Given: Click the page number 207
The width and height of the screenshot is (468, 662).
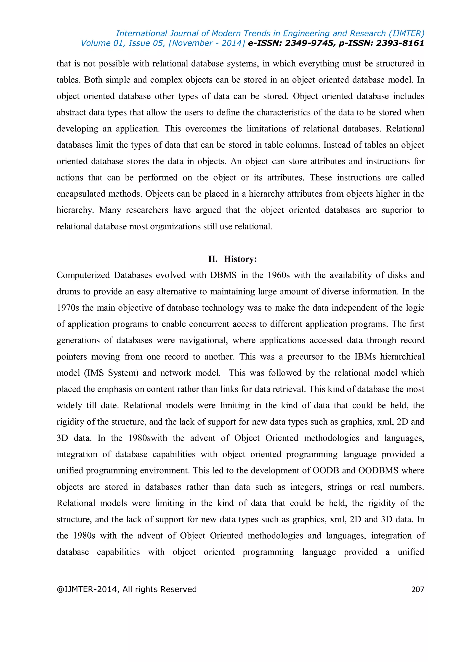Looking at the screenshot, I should (x=417, y=589).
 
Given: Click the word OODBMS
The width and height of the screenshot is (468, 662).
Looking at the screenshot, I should (x=378, y=470).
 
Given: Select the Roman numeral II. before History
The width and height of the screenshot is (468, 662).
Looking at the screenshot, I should (x=213, y=259).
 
